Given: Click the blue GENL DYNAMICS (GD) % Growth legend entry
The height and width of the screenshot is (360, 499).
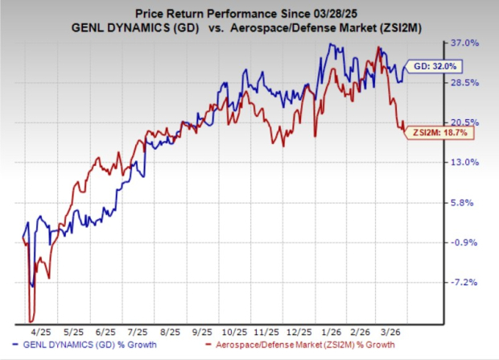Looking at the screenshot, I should pyautogui.click(x=95, y=347).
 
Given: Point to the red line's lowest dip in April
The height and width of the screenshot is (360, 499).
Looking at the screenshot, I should pyautogui.click(x=31, y=321).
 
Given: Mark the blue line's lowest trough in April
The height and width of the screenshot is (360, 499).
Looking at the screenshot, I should pyautogui.click(x=32, y=285).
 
